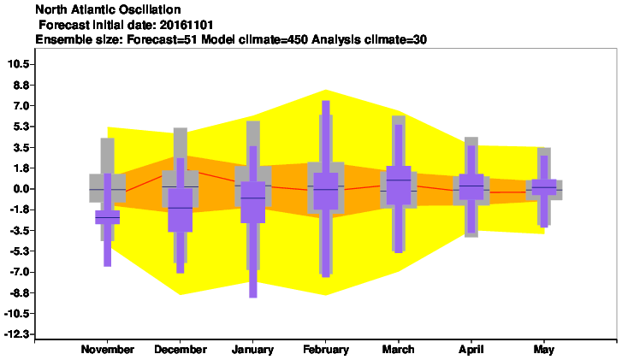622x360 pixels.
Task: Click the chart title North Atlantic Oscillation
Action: (x=108, y=9)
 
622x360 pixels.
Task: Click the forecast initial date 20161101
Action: (x=187, y=25)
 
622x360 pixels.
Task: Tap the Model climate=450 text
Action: (x=255, y=39)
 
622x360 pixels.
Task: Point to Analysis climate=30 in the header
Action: (x=370, y=39)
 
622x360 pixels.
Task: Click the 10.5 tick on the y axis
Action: (x=18, y=64)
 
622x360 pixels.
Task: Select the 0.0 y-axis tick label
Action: (x=21, y=189)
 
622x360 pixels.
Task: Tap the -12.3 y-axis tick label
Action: (x=16, y=334)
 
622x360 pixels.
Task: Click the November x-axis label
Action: (x=108, y=350)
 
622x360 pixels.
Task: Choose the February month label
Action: (x=326, y=350)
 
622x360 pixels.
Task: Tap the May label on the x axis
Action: (x=544, y=350)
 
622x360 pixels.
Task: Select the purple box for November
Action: (x=108, y=217)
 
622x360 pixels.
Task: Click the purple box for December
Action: (x=180, y=210)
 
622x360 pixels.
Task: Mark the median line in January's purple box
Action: (x=252, y=198)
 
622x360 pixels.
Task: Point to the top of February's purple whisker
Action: (x=326, y=101)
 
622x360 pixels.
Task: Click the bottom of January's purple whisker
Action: (x=252, y=297)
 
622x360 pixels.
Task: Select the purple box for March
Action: (x=399, y=186)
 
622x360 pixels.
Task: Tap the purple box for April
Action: (x=471, y=186)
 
